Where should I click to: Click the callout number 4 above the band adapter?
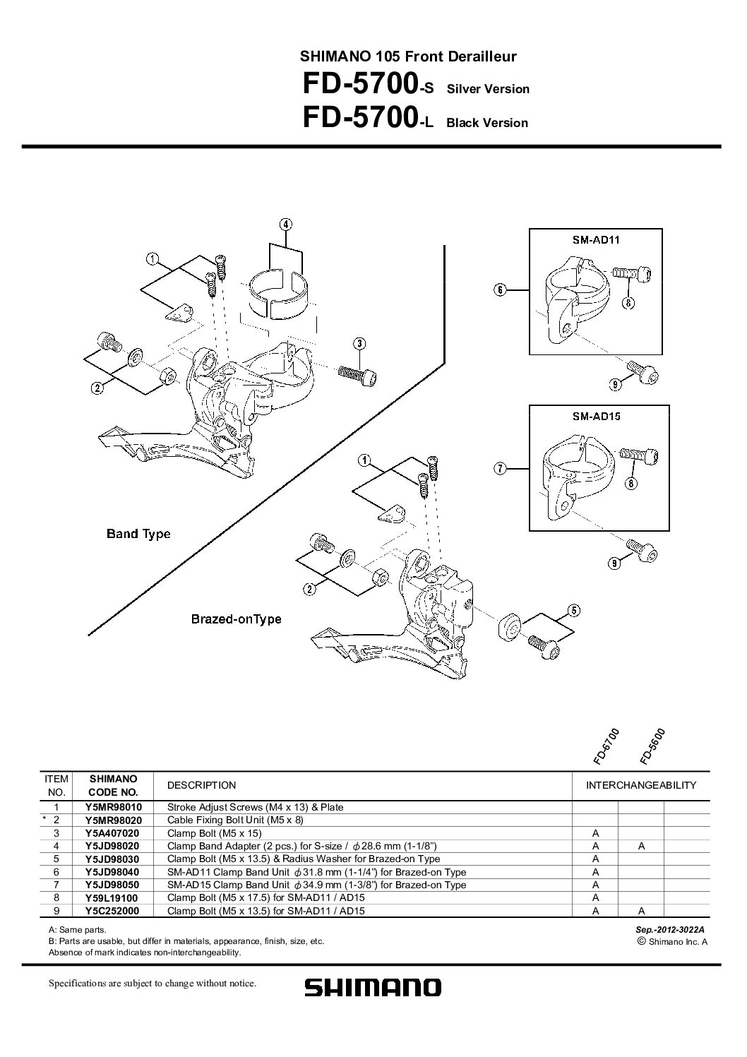[285, 225]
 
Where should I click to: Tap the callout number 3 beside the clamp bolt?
[359, 344]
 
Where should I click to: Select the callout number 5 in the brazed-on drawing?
[573, 611]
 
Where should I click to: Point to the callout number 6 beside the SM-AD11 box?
[500, 289]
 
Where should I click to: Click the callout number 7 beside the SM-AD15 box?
[500, 469]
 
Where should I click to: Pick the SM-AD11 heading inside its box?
[596, 239]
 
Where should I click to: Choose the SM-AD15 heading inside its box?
[597, 416]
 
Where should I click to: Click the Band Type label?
[138, 535]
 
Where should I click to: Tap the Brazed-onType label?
[236, 619]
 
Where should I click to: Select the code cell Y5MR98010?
[113, 807]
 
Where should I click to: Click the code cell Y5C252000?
[112, 911]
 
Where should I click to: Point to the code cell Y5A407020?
[112, 833]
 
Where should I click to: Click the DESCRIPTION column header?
[201, 785]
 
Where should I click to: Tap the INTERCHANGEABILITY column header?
[641, 785]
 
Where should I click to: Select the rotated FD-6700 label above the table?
[606, 746]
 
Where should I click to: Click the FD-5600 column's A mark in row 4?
[641, 846]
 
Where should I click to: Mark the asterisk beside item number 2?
[44, 819]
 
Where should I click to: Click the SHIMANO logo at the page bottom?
[373, 987]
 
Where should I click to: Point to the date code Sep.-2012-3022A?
[670, 930]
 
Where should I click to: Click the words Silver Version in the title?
[488, 89]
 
